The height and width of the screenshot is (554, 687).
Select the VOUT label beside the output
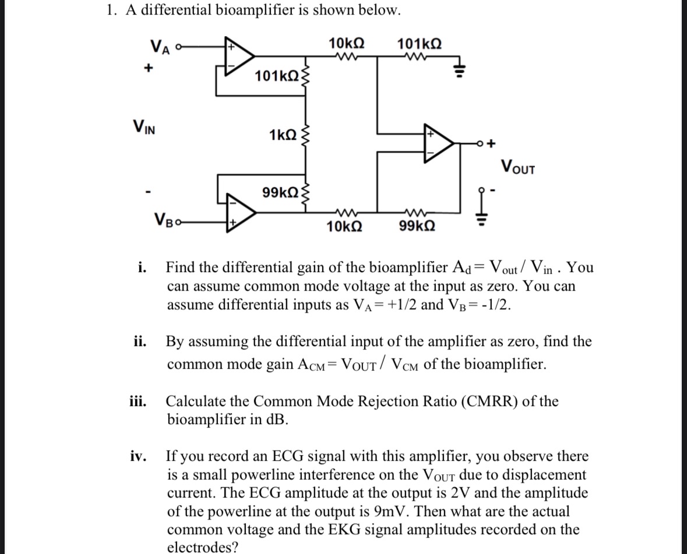coord(516,168)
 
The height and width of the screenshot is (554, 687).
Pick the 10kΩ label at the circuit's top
coord(347,43)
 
